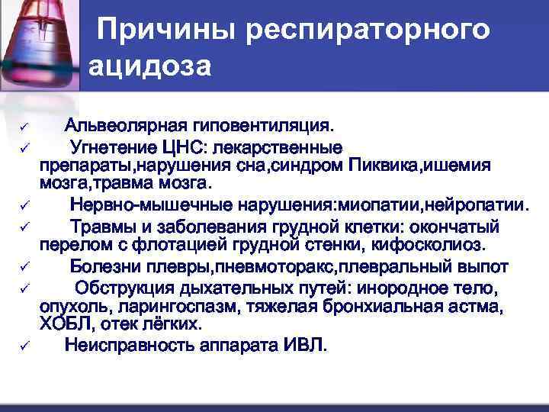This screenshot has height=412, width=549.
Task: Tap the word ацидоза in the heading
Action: (149, 66)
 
